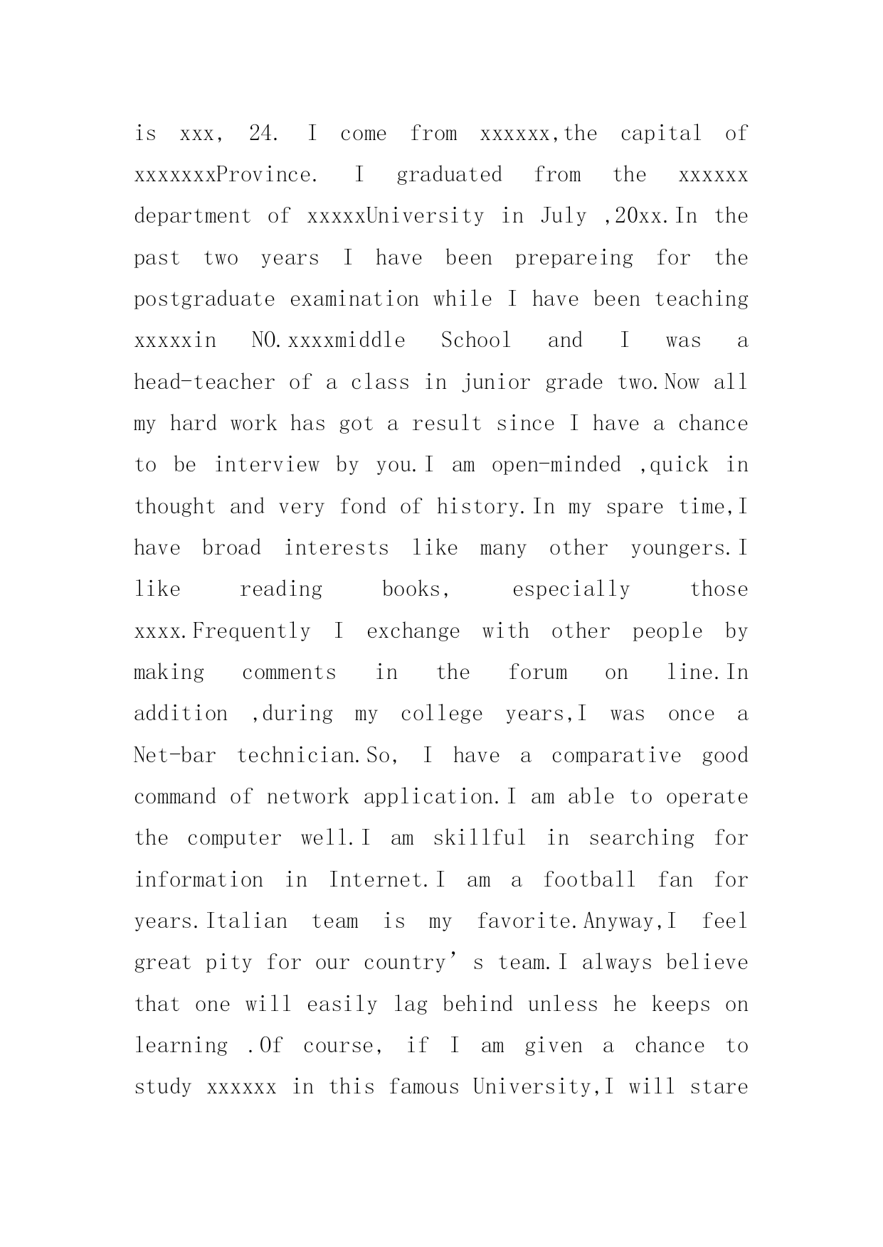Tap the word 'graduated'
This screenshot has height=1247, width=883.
point(449,175)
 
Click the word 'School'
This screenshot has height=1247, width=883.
point(476,341)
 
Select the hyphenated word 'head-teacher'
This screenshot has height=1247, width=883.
point(204,382)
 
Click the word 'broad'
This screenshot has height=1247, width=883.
point(231,548)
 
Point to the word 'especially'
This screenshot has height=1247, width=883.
point(571,589)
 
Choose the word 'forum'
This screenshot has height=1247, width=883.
point(538,673)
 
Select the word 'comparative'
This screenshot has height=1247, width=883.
point(616,755)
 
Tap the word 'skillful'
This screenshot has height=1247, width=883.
point(480,838)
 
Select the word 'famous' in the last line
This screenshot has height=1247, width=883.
point(424,1087)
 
